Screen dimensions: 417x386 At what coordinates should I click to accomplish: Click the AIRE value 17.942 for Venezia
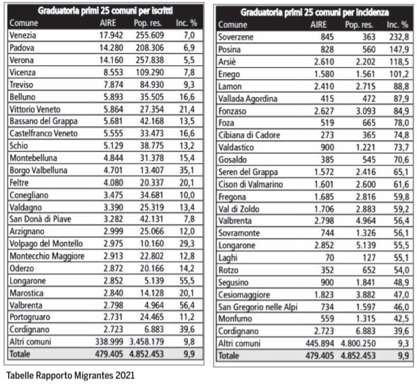coord(111,35)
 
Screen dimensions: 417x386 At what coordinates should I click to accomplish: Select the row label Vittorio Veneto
coord(35,109)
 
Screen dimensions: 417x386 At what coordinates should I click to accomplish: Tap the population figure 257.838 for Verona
coord(150,60)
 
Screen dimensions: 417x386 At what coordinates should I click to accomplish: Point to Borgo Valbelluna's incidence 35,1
coord(186,170)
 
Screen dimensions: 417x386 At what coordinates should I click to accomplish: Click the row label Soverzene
coord(236,37)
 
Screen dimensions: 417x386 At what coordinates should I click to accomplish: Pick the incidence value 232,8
coord(399,37)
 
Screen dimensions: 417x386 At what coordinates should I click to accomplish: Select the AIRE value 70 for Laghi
coord(328,258)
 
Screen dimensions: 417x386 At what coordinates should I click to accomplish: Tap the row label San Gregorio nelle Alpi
coord(258,307)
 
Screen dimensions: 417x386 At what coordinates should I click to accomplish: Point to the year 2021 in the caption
coord(125,376)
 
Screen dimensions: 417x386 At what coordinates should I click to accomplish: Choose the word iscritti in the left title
coord(162,10)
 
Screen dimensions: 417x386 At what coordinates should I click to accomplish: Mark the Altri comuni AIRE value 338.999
coord(109,341)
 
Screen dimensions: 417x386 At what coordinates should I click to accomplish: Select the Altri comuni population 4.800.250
coord(359,343)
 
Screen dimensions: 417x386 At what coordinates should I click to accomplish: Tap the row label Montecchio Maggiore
coord(47,256)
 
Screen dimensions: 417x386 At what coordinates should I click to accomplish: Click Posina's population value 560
coord(369,49)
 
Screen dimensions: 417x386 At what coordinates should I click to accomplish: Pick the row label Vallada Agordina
coord(248,99)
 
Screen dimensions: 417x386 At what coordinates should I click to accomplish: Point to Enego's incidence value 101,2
coord(399,74)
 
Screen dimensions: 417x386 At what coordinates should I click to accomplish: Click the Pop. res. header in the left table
coord(148,23)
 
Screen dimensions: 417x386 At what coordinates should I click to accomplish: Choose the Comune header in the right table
coord(233,25)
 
